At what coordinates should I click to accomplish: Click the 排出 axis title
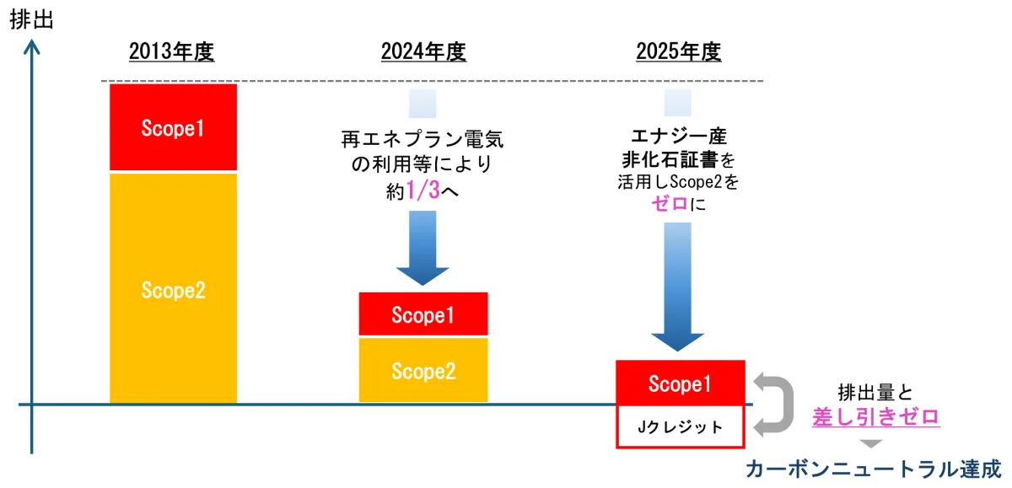(32, 20)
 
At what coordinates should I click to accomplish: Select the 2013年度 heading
(172, 51)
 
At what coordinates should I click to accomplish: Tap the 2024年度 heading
(423, 51)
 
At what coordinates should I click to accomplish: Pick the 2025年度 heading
(679, 51)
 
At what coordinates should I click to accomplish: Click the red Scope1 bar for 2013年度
(173, 127)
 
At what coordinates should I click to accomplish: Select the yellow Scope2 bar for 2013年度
(173, 288)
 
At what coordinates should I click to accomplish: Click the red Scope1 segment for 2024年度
(423, 314)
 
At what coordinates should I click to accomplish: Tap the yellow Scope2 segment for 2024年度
(423, 370)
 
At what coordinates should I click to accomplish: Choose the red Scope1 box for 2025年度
(681, 383)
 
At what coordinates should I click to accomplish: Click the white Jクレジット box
(681, 426)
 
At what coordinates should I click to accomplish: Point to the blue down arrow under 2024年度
(423, 249)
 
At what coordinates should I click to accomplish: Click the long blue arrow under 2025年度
(678, 287)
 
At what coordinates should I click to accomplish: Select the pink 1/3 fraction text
(423, 190)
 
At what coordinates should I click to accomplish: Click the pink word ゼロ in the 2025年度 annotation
(670, 204)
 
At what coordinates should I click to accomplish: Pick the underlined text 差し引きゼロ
(876, 416)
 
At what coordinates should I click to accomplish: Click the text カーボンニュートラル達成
(874, 469)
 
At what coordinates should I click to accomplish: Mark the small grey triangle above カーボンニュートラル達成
(871, 444)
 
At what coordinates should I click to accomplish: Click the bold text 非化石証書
(670, 159)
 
